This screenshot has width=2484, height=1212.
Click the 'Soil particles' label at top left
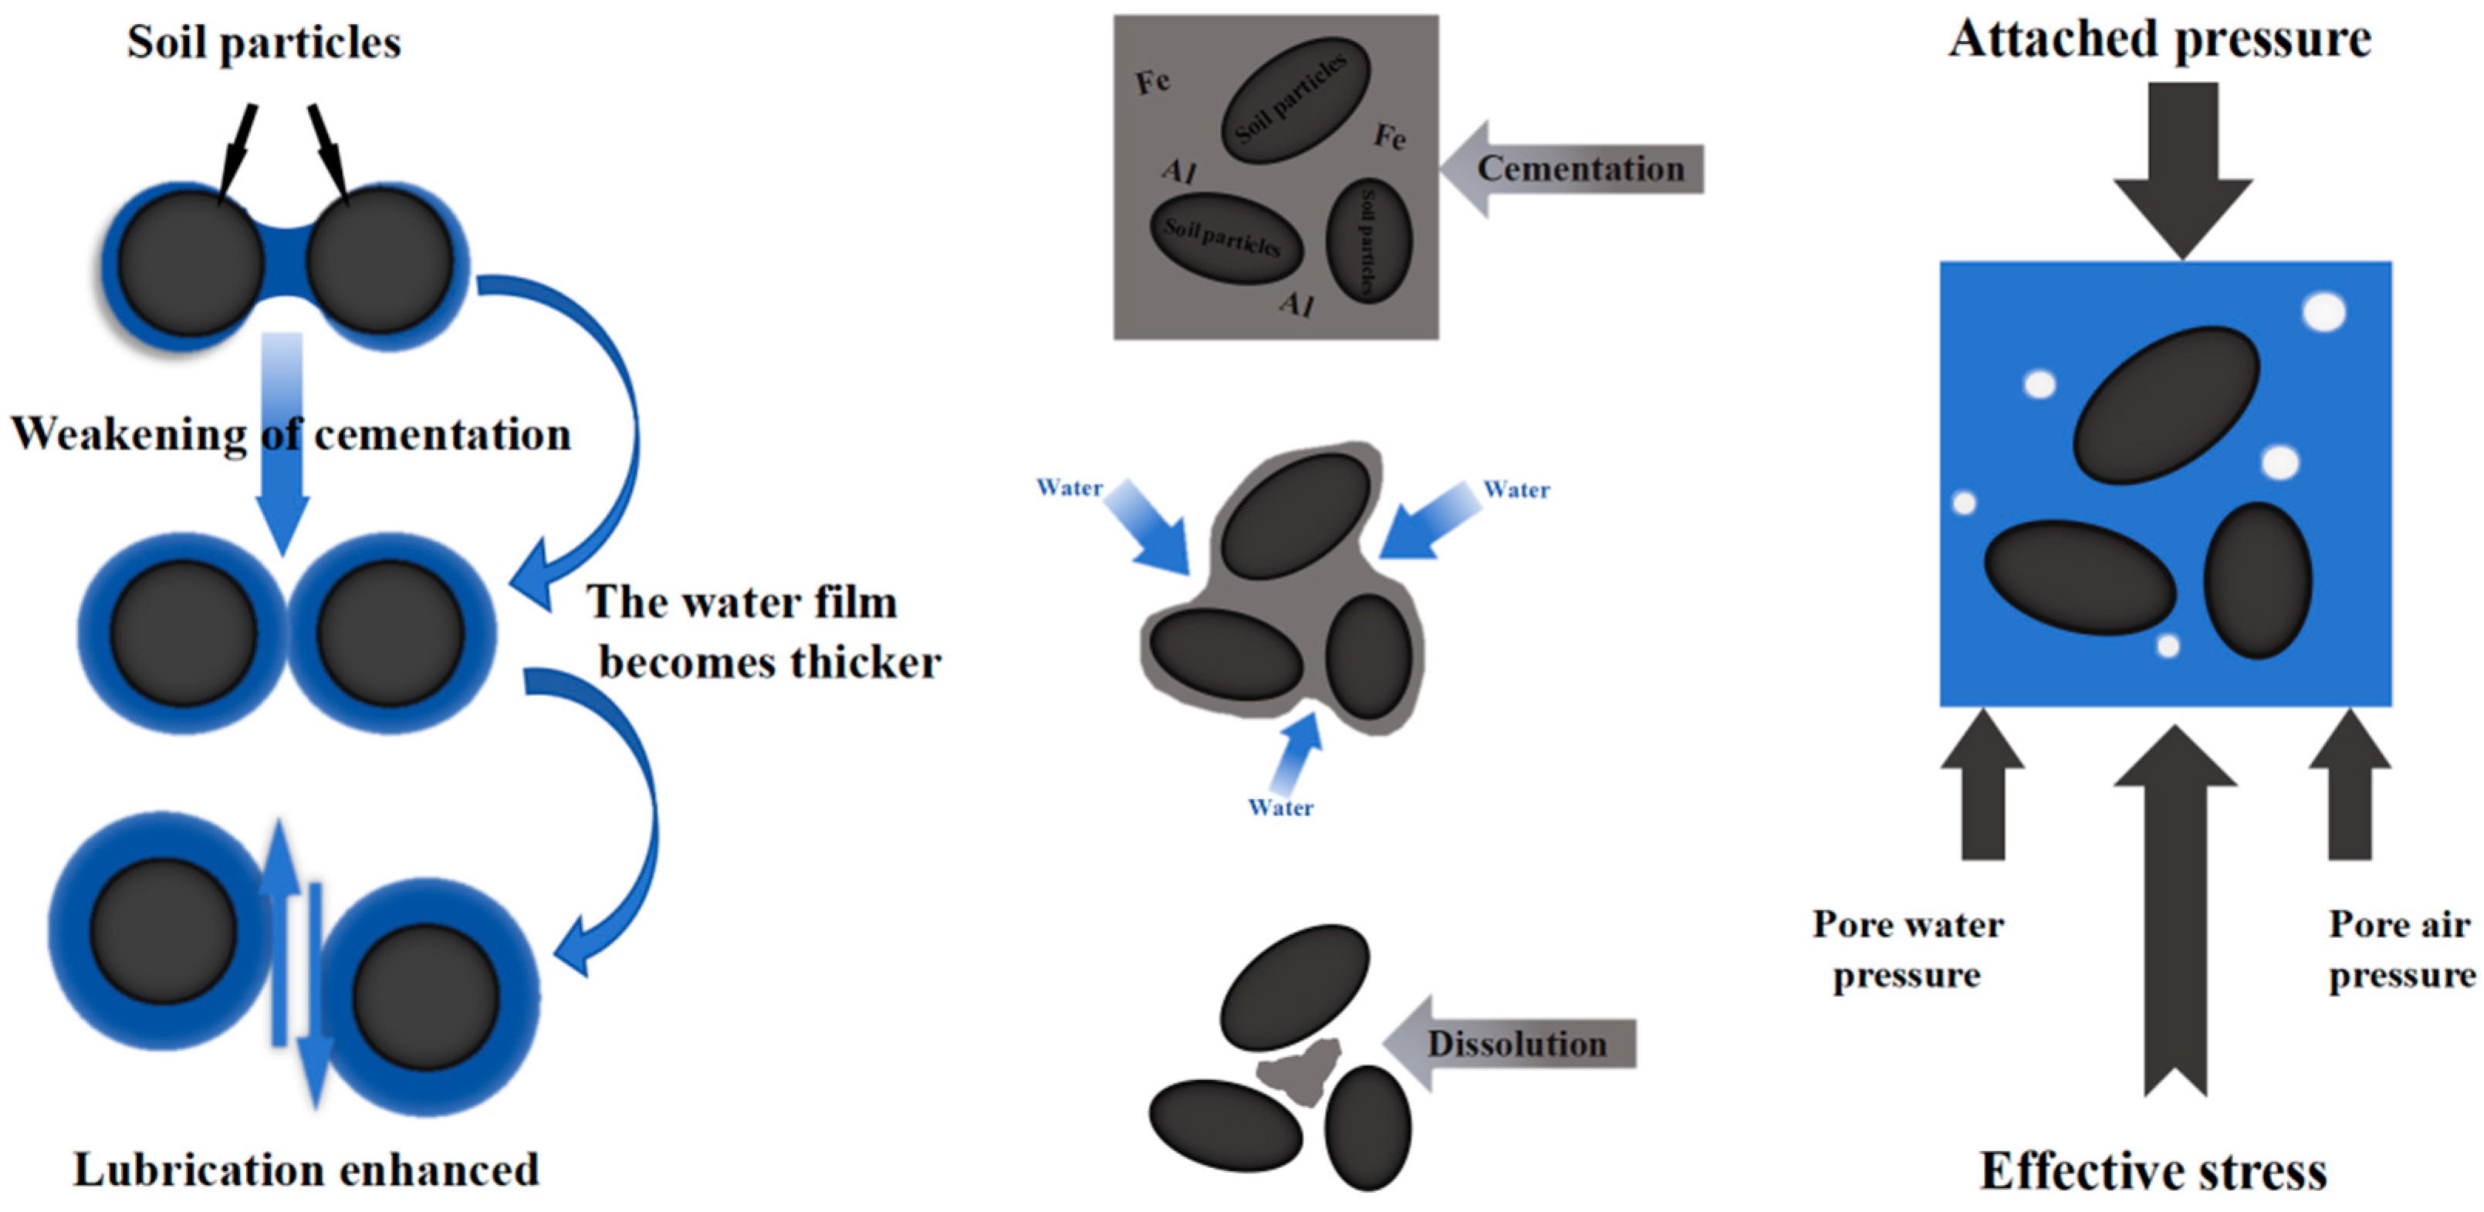263,42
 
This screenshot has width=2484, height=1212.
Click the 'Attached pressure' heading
2159,39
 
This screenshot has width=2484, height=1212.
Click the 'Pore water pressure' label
1908,949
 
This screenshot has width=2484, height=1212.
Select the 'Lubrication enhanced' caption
306,1170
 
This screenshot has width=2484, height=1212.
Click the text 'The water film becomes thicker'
762,632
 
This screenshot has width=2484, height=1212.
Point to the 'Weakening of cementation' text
290,434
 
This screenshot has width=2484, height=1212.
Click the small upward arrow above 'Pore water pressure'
1982,786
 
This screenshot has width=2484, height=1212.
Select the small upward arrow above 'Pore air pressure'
2350,786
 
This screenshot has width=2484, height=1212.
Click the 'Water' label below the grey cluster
1279,808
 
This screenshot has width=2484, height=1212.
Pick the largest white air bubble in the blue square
2324,312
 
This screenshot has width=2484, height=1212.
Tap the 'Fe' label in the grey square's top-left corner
1152,82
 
